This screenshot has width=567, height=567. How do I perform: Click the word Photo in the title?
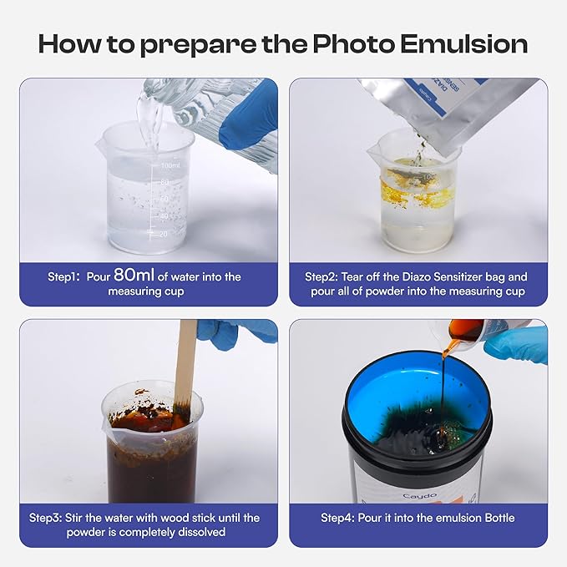tap(353, 44)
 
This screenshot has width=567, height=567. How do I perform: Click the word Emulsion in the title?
tap(464, 44)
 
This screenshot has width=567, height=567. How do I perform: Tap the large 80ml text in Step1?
tap(134, 275)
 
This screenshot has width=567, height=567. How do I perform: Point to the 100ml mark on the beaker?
tap(170, 165)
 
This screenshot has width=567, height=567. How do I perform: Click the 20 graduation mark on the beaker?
tap(163, 234)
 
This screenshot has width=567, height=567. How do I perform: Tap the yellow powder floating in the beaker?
tap(416, 190)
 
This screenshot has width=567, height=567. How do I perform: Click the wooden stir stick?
tap(185, 365)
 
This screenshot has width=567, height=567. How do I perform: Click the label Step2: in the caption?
tap(321, 277)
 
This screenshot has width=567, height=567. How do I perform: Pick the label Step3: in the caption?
tap(45, 518)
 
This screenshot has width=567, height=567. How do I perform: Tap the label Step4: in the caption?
tap(337, 518)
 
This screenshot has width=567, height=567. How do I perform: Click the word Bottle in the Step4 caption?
tap(499, 518)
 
